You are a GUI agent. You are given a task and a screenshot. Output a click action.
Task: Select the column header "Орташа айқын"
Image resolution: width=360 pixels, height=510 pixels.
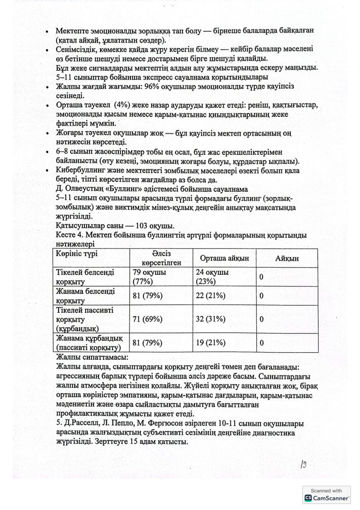[x=224, y=258]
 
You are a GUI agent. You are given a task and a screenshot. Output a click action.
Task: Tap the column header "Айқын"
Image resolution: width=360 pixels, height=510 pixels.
[x=287, y=258]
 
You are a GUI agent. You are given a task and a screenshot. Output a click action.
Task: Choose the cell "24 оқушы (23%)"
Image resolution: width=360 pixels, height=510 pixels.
[x=215, y=277]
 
